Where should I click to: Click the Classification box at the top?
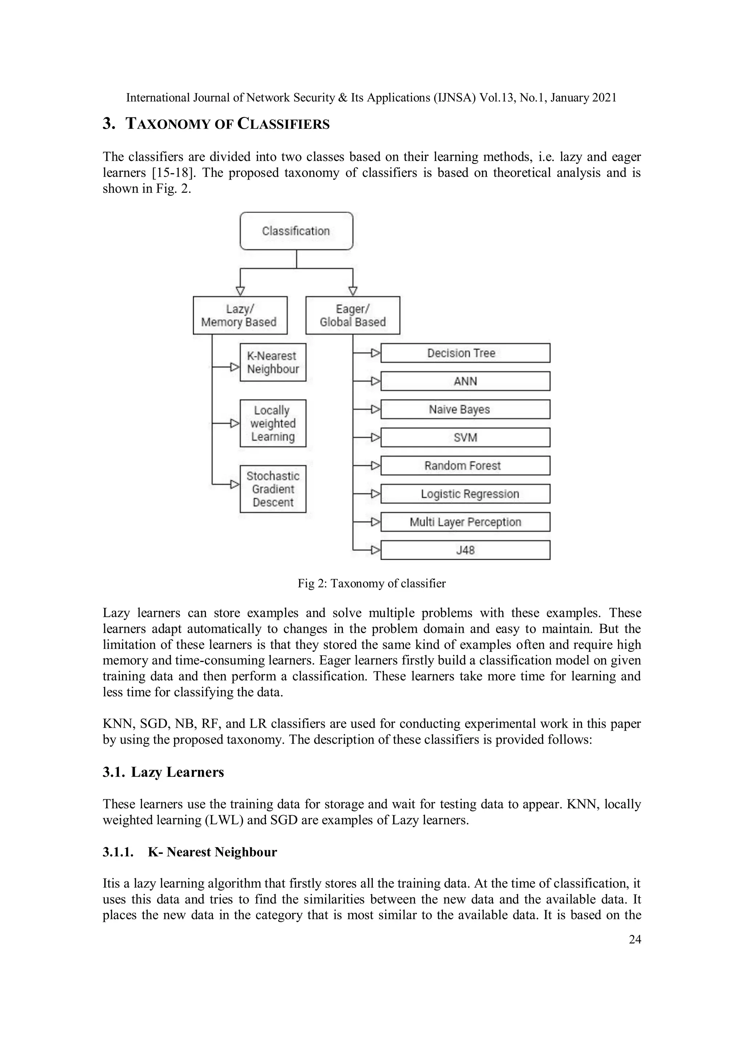coord(296,231)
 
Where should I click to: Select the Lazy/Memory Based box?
coord(240,316)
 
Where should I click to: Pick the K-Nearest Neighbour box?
coord(273,362)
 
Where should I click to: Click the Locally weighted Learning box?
coord(273,423)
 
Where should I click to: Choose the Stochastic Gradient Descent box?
coord(273,489)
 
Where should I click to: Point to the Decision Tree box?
coord(465,353)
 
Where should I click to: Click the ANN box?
coord(465,381)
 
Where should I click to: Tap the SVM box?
coord(465,438)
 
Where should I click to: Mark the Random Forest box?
coord(465,466)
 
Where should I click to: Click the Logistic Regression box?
coord(465,494)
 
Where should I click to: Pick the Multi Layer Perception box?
coord(465,522)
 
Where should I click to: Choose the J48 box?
coord(465,550)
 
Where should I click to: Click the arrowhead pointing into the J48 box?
coord(375,550)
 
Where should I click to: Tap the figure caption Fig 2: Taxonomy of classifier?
coord(371,583)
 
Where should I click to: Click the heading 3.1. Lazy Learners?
coord(163,772)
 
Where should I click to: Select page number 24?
coord(634,940)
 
